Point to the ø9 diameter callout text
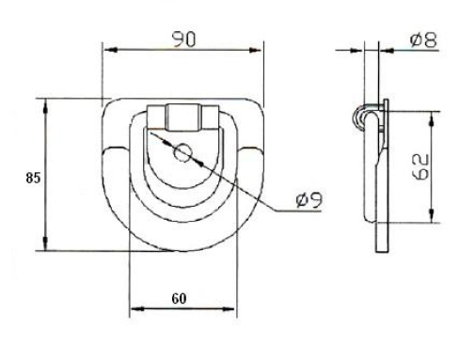point(309,199)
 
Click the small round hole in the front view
point(183,151)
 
